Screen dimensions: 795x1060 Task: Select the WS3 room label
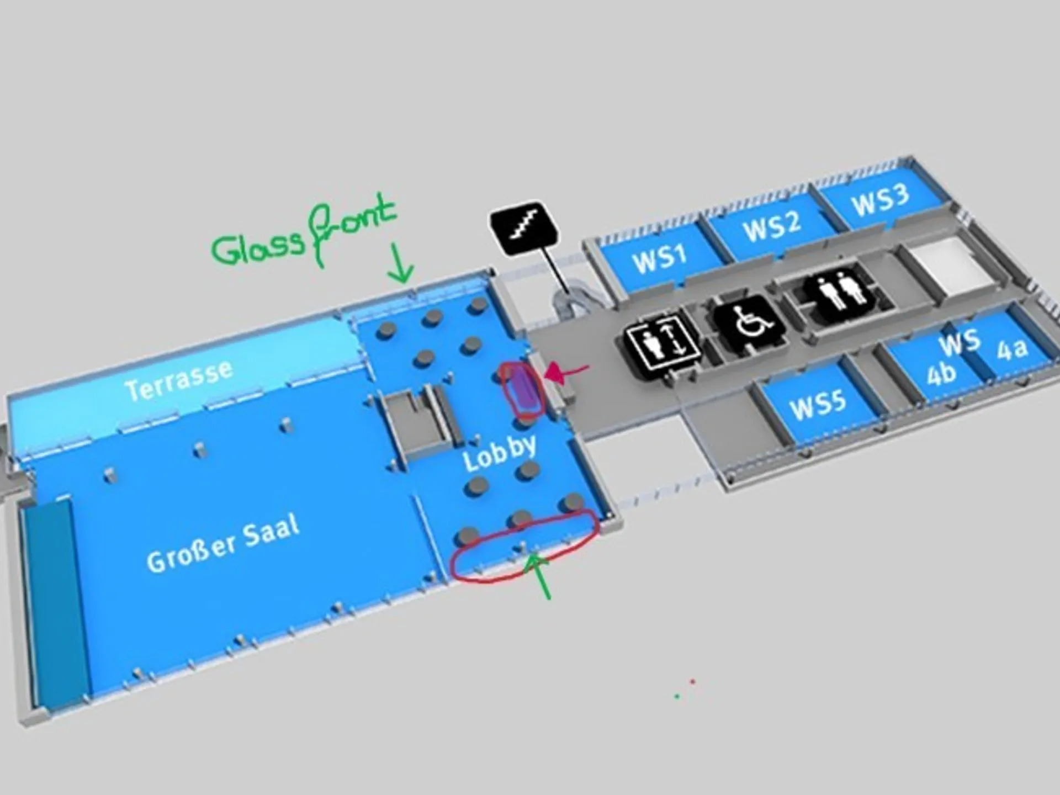click(x=880, y=200)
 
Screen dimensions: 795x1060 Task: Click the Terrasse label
click(x=178, y=380)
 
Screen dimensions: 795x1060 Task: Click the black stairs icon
click(x=524, y=228)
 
